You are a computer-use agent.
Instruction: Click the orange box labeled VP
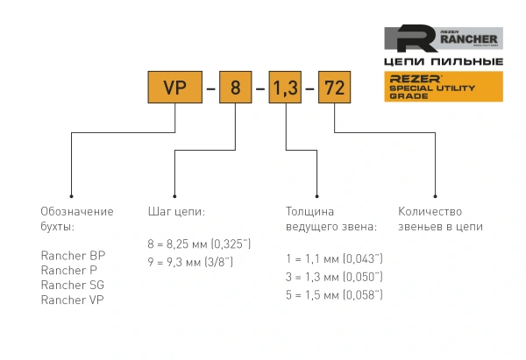(x=176, y=88)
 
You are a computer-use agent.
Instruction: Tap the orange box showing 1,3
(x=287, y=88)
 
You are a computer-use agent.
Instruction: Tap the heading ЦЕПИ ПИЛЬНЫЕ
(x=444, y=62)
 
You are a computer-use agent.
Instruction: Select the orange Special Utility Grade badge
(x=444, y=87)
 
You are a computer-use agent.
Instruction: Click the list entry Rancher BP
(x=73, y=256)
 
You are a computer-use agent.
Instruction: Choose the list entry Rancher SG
(x=73, y=285)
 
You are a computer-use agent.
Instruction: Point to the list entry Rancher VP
(x=73, y=300)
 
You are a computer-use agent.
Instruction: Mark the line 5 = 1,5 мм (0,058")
(x=335, y=295)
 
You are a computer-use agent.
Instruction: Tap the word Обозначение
(x=77, y=212)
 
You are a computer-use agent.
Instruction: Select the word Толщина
(x=309, y=212)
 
